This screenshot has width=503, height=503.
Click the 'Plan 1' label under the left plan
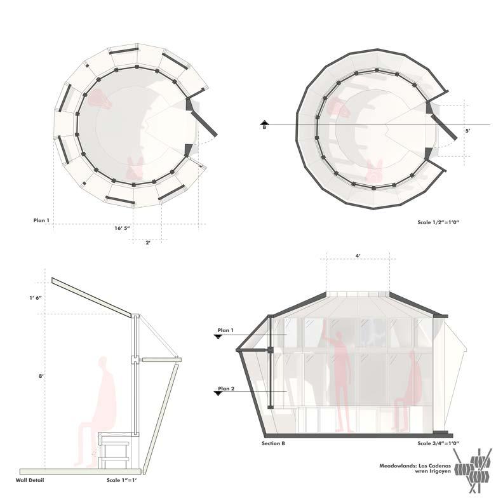coord(41,220)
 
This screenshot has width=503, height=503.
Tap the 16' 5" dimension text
coord(122,229)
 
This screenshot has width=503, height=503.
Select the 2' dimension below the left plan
coord(148,243)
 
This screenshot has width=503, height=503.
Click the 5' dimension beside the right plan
coord(468,131)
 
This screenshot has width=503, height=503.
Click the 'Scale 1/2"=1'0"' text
coord(438,222)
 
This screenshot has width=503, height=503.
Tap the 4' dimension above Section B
coord(358,256)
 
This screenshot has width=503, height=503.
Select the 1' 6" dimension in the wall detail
coord(36,298)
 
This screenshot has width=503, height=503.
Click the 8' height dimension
coord(41,376)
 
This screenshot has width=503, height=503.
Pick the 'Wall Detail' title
coord(30,480)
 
